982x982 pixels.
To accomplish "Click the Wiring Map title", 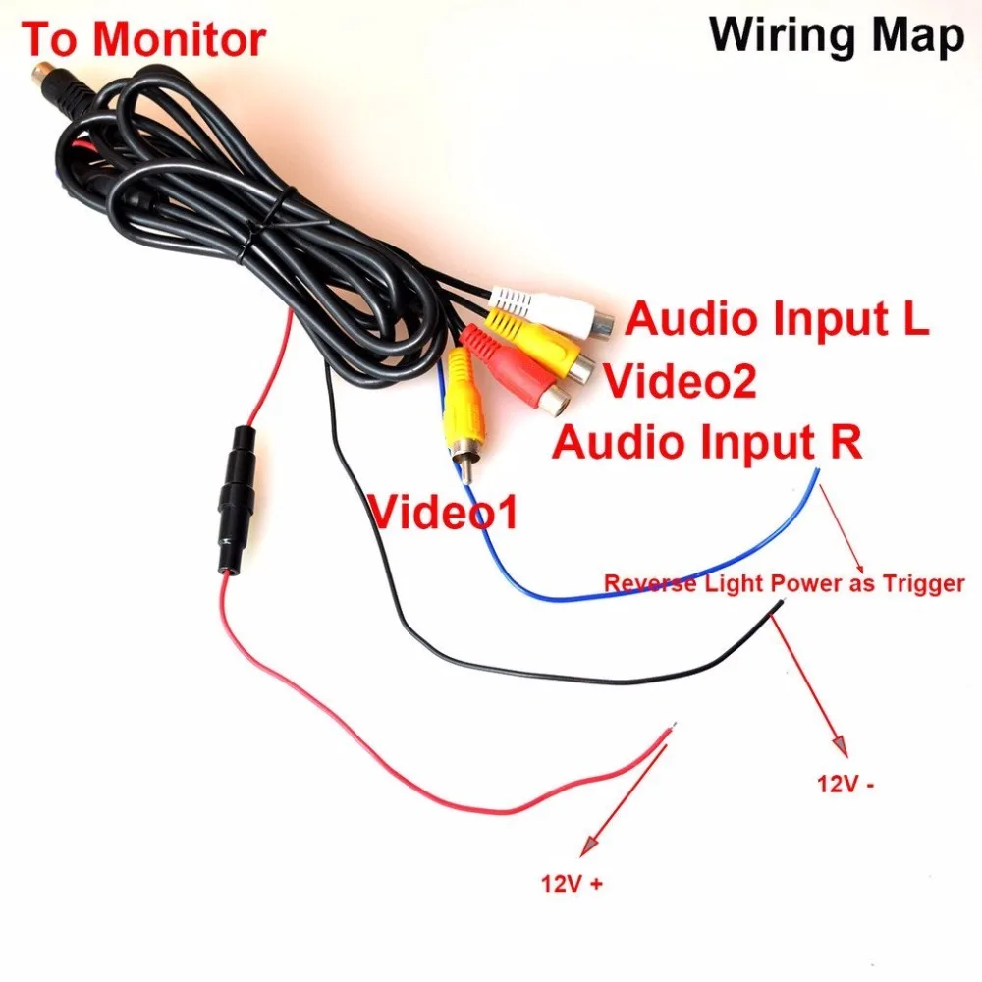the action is [836, 36].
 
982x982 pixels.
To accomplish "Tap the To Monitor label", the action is [143, 39].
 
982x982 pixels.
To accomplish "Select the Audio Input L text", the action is [777, 319].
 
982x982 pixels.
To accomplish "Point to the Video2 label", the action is [681, 380].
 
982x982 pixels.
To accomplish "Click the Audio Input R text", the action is [707, 441].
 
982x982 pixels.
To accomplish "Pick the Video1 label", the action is [444, 512].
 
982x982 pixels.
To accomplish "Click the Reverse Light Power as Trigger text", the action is [784, 583].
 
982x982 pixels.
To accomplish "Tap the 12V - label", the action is [846, 784].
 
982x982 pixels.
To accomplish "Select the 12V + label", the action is [572, 884].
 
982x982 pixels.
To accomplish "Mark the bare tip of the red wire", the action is [672, 727].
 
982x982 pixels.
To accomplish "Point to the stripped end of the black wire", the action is [779, 604].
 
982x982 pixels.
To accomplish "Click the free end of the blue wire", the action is [817, 470].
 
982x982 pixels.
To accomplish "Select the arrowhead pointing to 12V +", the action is [588, 846].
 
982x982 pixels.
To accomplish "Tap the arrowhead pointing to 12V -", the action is [840, 745].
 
